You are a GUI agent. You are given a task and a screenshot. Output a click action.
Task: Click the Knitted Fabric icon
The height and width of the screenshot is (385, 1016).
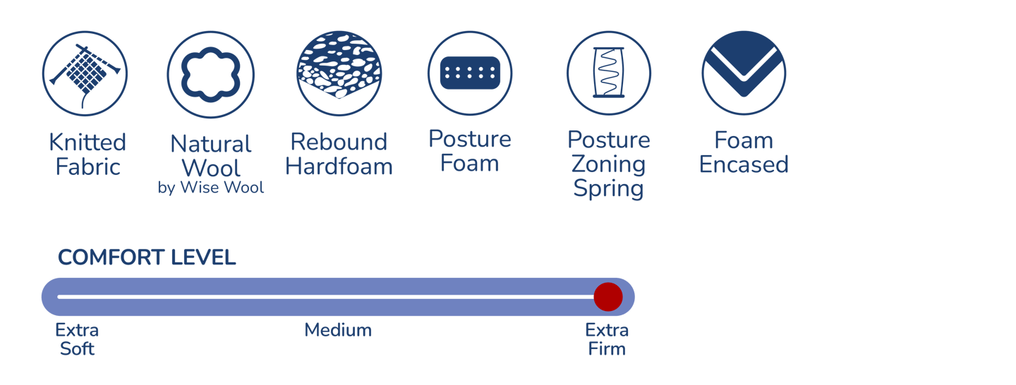[85, 73]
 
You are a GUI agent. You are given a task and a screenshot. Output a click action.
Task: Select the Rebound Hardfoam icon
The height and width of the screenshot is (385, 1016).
[339, 73]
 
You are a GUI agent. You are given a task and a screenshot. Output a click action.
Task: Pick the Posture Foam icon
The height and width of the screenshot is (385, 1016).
[469, 73]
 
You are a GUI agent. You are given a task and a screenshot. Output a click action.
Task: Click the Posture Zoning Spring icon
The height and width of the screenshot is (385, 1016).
[608, 73]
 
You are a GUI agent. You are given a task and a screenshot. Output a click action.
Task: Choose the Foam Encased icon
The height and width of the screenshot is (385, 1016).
[744, 73]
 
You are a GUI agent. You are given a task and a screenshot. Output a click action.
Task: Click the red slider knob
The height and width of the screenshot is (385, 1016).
[607, 297]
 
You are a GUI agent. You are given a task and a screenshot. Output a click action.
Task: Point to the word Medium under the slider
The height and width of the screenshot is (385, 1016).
[338, 330]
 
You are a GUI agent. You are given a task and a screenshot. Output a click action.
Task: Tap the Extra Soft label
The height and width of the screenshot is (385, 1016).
[77, 339]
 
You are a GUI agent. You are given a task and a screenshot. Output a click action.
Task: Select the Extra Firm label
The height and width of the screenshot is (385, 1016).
[607, 339]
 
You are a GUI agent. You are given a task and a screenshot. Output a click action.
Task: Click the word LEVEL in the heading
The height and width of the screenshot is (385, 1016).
[204, 258]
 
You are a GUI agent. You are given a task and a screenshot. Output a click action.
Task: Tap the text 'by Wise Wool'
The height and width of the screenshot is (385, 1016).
[211, 188]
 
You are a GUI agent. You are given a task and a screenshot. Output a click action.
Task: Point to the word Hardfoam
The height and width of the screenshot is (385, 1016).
[339, 166]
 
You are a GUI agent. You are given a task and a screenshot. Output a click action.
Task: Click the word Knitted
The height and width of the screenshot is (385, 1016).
[87, 142]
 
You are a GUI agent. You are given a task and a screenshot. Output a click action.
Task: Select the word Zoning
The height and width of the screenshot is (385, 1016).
[608, 164]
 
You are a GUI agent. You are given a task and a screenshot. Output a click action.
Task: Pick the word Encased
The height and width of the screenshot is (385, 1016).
[744, 164]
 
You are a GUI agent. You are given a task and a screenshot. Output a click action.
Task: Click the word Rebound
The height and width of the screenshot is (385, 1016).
[339, 142]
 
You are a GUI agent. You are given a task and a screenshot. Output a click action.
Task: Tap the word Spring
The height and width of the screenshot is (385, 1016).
[608, 188]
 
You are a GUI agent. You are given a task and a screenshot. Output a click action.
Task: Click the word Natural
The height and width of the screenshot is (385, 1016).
[211, 145]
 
